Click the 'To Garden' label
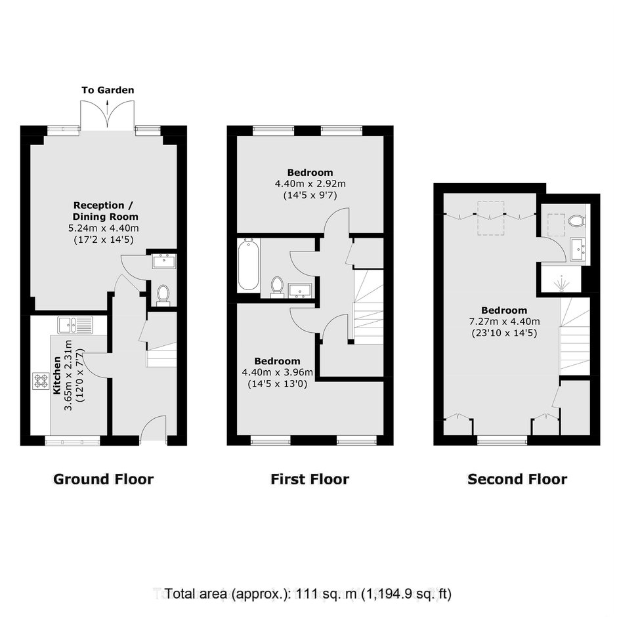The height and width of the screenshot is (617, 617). click(x=108, y=90)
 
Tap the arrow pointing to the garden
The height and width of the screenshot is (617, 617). click(x=108, y=107)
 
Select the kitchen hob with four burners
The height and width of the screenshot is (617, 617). click(x=41, y=381)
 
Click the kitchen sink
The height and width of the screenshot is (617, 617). click(x=75, y=325)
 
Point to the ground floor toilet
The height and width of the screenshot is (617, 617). click(x=163, y=295)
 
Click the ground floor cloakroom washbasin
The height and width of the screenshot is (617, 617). click(x=165, y=261)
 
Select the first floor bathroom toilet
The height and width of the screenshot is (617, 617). click(x=277, y=286)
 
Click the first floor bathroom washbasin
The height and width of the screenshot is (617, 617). click(x=300, y=290)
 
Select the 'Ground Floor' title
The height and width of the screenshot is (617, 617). click(x=104, y=479)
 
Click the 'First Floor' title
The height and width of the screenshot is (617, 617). click(x=310, y=479)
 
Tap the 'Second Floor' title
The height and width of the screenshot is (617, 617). click(x=517, y=479)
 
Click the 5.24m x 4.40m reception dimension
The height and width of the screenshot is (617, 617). click(x=104, y=228)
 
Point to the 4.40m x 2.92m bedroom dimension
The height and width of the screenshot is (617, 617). click(x=310, y=184)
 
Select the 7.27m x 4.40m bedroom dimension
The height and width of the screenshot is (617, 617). click(x=505, y=322)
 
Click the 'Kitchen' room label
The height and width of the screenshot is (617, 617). click(x=57, y=375)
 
